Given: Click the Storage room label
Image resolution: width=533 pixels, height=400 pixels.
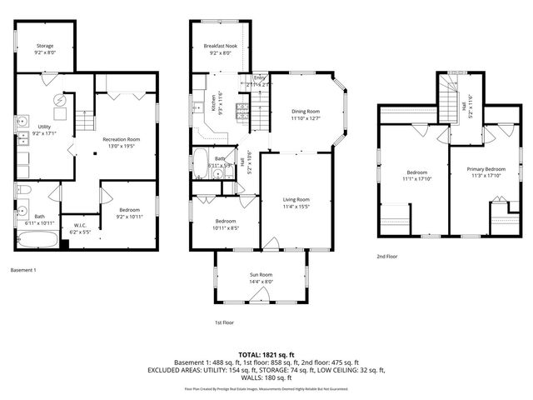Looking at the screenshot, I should tap(45, 47).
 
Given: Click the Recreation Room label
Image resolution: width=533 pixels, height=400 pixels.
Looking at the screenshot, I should tap(121, 139).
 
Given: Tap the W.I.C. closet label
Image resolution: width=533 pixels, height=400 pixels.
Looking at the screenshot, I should tap(80, 225).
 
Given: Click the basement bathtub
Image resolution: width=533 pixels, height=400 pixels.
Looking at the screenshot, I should tap(38, 241).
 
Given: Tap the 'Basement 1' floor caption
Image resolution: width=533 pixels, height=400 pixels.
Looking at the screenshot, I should tap(23, 270).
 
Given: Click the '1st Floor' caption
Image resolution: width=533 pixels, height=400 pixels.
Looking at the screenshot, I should tap(225, 322).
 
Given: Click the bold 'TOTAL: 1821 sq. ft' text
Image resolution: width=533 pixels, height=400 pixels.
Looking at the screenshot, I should tap(266, 354).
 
